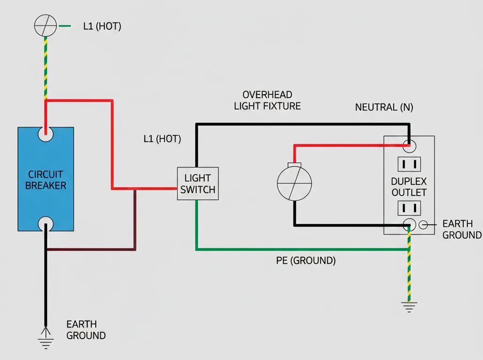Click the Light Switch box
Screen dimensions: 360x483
click(198, 184)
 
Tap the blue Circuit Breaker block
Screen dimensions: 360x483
click(46, 179)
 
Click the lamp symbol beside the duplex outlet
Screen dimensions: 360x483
click(294, 183)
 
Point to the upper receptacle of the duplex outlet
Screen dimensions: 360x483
click(409, 164)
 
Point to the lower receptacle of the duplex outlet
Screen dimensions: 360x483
click(409, 208)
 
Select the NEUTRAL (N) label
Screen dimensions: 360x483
click(384, 107)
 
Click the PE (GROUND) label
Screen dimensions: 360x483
click(306, 260)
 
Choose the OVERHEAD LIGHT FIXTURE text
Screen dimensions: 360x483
click(267, 100)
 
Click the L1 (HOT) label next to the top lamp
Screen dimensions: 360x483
click(102, 26)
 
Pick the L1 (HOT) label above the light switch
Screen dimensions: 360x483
click(162, 139)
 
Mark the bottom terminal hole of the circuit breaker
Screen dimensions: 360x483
click(46, 223)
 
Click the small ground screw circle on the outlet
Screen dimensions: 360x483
click(424, 225)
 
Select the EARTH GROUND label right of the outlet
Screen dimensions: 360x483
click(461, 229)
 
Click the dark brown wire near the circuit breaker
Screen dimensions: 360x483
click(135, 222)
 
